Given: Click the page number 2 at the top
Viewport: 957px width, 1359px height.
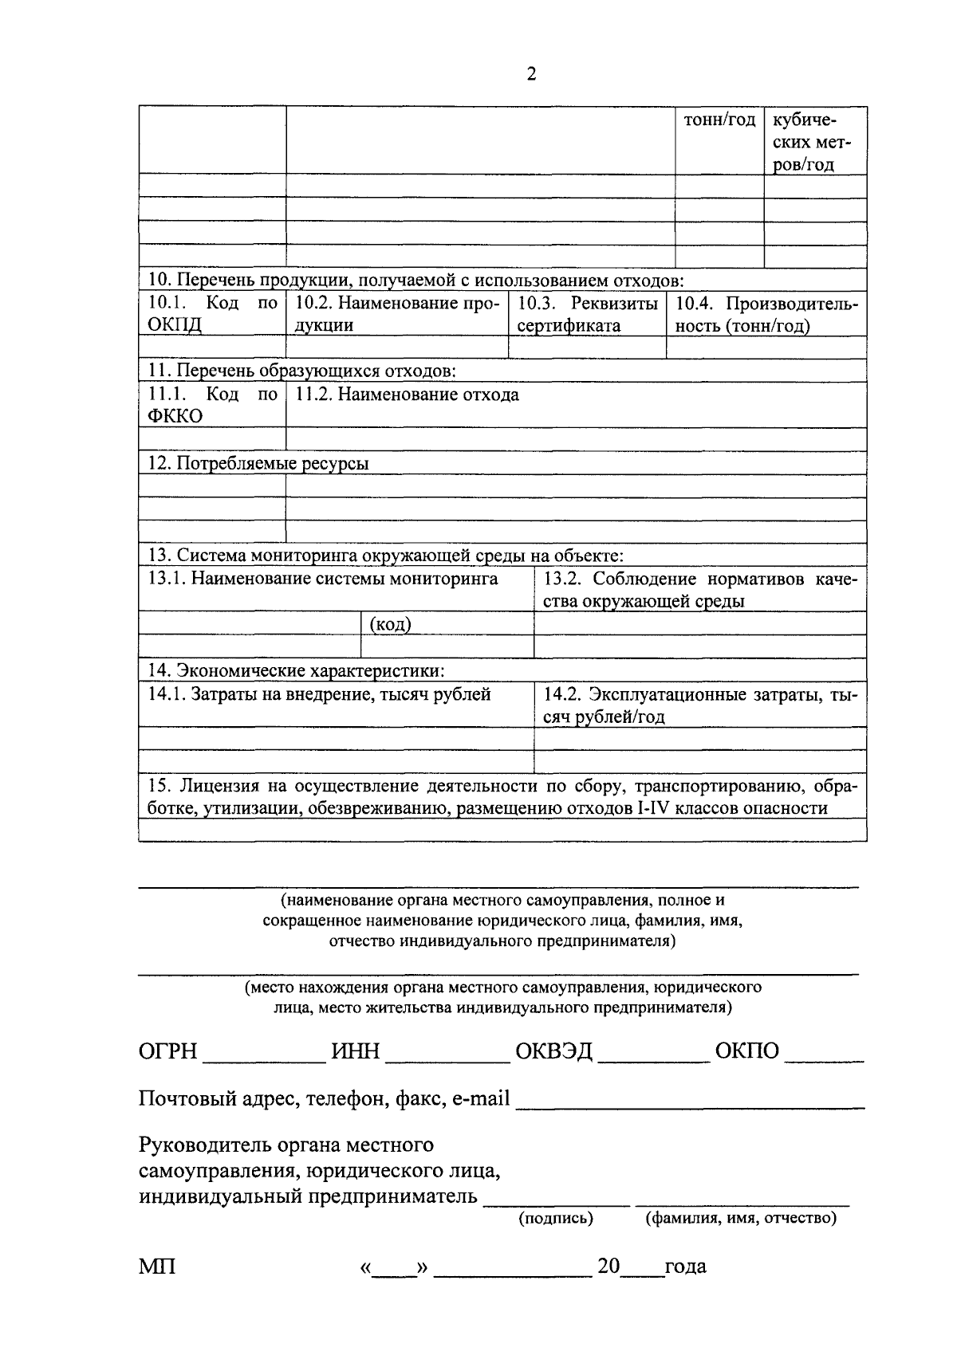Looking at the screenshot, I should click(531, 74).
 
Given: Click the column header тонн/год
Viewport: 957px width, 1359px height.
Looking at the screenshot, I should click(719, 120).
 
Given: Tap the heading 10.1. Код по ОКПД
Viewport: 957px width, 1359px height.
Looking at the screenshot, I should click(212, 314).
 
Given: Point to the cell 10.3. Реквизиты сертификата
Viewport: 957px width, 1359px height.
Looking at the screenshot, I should click(587, 314).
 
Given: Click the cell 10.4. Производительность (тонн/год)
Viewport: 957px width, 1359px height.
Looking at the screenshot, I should click(766, 314).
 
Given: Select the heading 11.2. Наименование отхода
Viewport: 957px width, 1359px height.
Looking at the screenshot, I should click(407, 395).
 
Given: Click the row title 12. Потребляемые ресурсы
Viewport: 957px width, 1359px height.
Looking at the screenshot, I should click(258, 463).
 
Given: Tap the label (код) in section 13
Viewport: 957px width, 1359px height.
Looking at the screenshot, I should click(391, 624).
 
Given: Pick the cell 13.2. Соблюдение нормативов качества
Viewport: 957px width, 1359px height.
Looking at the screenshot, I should click(699, 590).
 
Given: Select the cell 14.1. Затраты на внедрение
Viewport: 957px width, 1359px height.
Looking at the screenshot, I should click(319, 694).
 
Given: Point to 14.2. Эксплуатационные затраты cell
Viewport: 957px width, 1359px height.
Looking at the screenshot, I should click(699, 705).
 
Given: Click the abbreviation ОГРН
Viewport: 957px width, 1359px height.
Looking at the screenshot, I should click(167, 1051).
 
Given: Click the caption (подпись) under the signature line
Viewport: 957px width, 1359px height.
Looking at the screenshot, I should click(556, 1219).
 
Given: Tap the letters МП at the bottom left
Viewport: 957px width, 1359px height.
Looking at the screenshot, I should click(157, 1266).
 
